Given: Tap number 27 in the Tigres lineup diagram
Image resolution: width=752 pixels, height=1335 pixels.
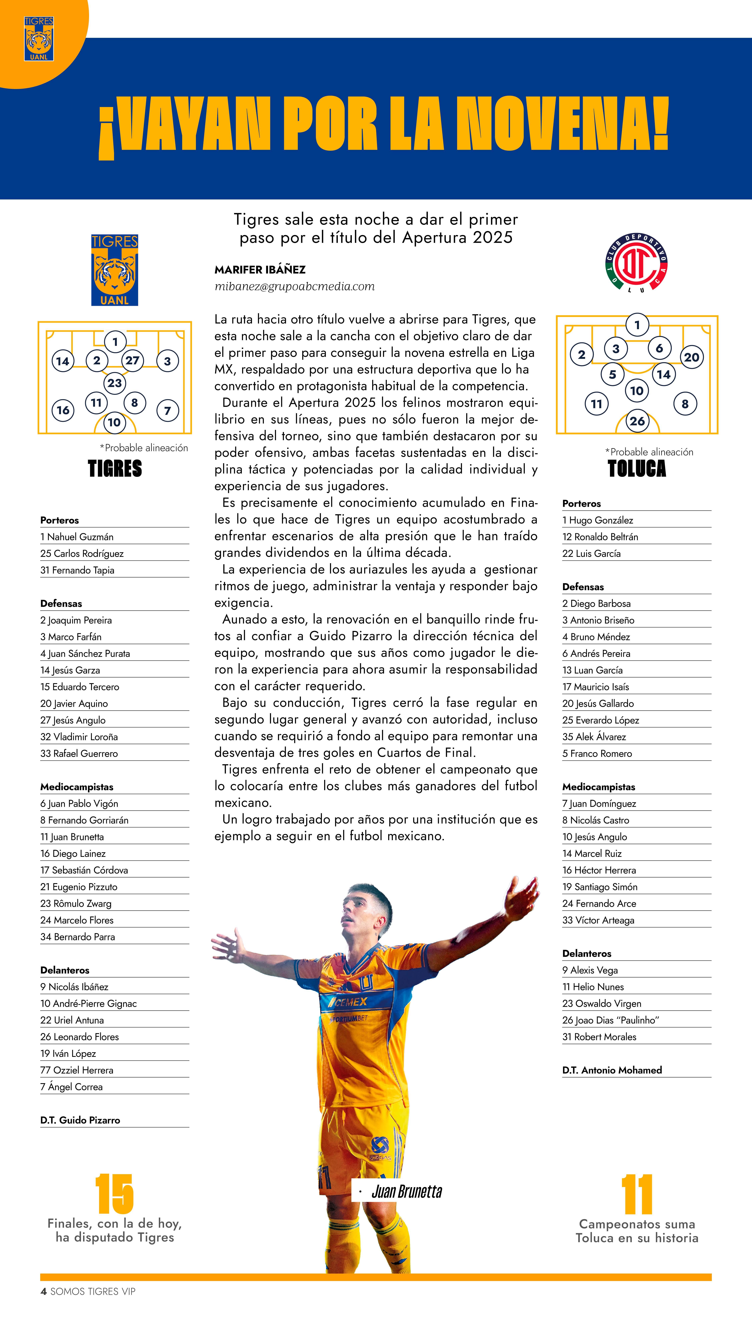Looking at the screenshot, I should pos(132,360).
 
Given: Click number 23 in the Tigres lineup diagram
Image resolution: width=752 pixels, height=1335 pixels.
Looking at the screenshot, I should pos(115,383).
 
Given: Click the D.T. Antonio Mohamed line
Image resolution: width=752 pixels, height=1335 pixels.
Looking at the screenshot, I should pos(612,1070).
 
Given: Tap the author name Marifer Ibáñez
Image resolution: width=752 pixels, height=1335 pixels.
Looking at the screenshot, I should pos(260,269).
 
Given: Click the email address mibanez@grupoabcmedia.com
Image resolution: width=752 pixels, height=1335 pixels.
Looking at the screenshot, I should pos(295,286).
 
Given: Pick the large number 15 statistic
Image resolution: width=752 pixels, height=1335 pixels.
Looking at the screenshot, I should pos(115,1195).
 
